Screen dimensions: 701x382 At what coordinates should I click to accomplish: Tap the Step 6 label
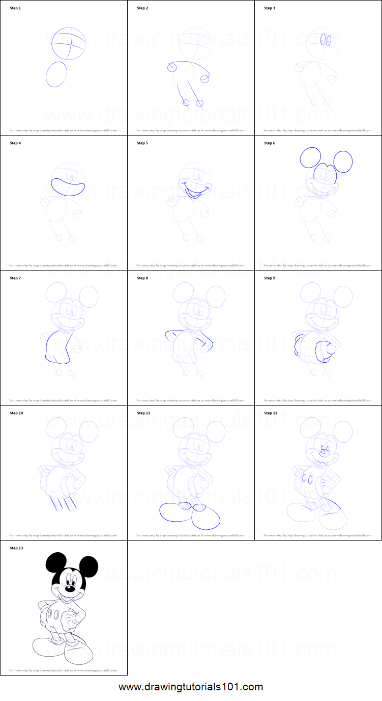(270, 143)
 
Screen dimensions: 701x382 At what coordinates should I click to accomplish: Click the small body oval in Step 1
(56, 74)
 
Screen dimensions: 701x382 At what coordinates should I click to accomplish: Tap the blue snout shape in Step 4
(68, 187)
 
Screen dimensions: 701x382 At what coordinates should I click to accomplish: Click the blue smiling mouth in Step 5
(194, 191)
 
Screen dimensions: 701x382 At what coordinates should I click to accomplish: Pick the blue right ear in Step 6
(342, 161)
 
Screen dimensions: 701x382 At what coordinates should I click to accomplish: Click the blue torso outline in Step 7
(57, 346)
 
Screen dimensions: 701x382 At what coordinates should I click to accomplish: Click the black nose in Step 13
(70, 589)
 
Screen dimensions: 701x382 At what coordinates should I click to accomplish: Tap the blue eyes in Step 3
(326, 40)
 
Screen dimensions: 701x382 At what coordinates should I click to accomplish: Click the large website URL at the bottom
(191, 687)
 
